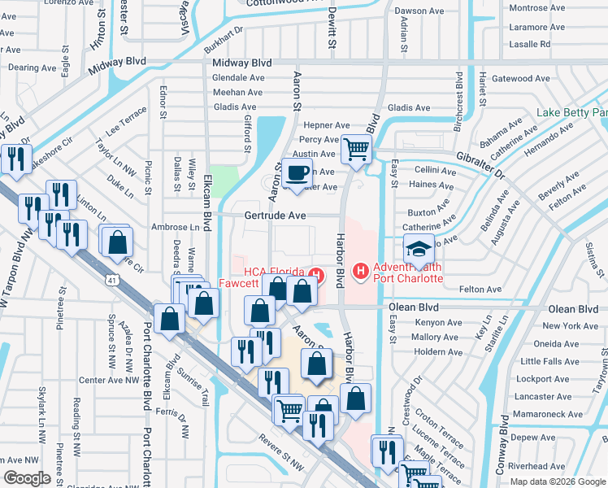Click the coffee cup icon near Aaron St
(298, 172)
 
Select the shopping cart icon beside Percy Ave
(356, 150)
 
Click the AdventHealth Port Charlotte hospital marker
(360, 271)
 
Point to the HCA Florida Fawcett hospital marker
(319, 276)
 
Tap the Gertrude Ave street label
(276, 216)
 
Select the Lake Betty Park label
(572, 112)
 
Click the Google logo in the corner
(27, 477)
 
